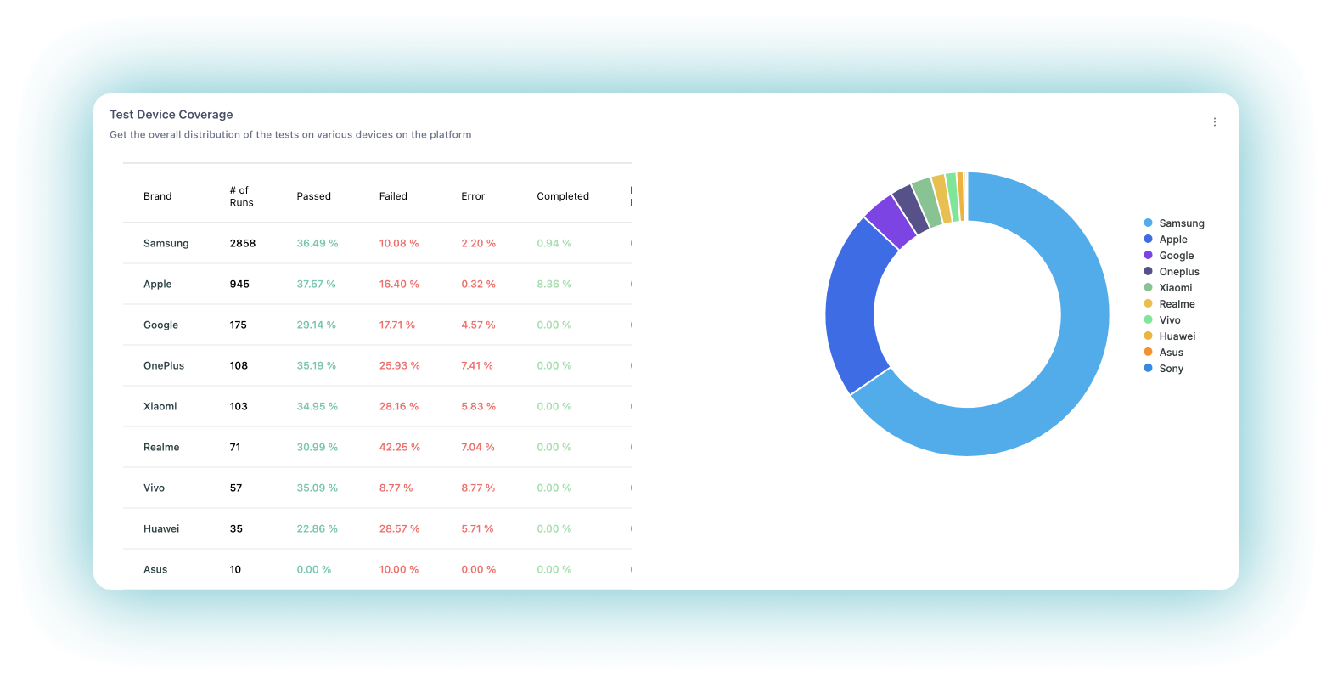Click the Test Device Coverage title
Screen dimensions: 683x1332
[x=171, y=115]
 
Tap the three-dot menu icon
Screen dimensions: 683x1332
[x=1215, y=122]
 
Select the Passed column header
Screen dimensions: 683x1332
[x=313, y=196]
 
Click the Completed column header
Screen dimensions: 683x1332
[x=562, y=196]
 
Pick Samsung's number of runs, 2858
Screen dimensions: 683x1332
[x=242, y=244]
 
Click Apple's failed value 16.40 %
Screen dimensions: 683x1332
[x=398, y=285]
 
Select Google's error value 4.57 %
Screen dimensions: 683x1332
[x=478, y=325]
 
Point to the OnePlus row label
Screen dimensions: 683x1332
[x=164, y=366]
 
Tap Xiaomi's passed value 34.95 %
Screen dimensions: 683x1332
[x=317, y=407]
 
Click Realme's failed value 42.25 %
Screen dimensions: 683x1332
[x=399, y=448]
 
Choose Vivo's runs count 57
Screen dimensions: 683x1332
[x=236, y=488]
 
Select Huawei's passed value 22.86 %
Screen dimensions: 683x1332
[x=317, y=529]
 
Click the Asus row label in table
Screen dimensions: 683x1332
[x=155, y=570]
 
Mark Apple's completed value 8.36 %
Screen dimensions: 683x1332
[x=554, y=285]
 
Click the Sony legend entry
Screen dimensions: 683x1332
[x=1171, y=369]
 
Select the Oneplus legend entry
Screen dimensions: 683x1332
[x=1178, y=272]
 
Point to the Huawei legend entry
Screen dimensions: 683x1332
[x=1177, y=336]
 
